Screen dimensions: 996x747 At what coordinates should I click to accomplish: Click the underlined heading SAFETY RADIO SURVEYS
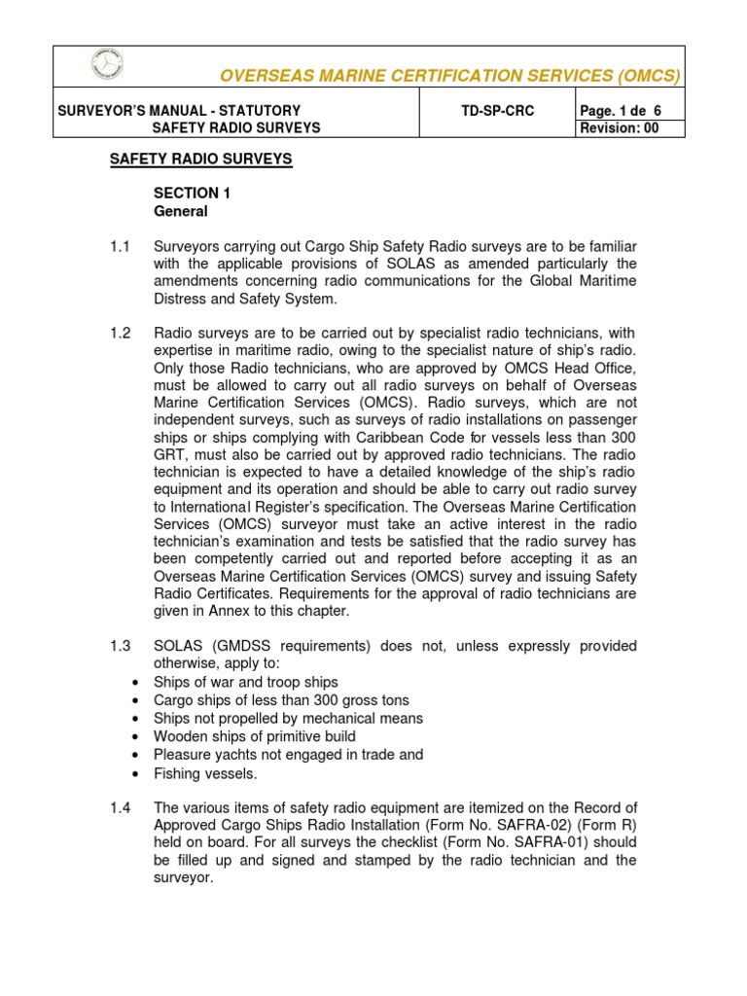click(200, 159)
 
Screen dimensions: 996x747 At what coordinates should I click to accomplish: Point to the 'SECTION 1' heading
click(193, 194)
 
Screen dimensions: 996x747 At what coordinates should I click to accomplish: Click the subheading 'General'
click(180, 211)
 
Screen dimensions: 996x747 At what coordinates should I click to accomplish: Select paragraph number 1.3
click(120, 647)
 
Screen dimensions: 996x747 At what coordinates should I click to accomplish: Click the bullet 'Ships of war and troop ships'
click(246, 682)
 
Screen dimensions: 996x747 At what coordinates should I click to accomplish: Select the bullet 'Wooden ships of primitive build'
click(255, 736)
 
